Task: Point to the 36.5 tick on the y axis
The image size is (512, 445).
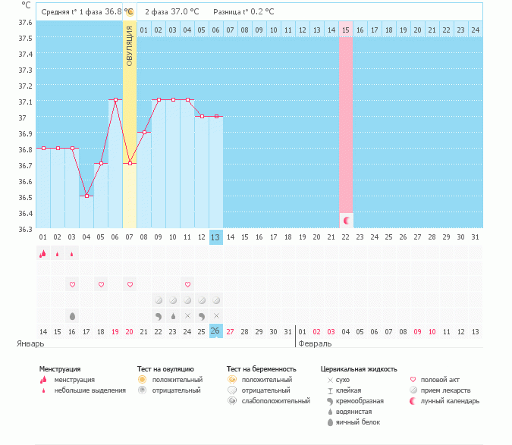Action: [25, 197]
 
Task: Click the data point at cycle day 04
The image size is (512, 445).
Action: [86, 196]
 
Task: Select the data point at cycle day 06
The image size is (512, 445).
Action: [115, 99]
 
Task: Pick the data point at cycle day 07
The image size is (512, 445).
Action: [130, 163]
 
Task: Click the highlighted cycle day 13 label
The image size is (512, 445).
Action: [216, 237]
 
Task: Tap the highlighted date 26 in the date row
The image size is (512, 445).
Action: [216, 331]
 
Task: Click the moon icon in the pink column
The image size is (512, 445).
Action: [346, 220]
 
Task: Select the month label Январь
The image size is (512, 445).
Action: [30, 343]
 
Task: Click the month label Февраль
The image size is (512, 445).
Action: [313, 343]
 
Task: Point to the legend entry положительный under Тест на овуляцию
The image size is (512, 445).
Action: [177, 379]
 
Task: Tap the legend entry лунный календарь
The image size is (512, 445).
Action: [452, 400]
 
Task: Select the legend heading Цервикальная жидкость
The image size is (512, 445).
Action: [359, 369]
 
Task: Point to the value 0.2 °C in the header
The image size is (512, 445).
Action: [261, 12]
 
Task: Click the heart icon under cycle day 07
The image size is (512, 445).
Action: [130, 284]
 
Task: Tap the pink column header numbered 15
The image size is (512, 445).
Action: [346, 30]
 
